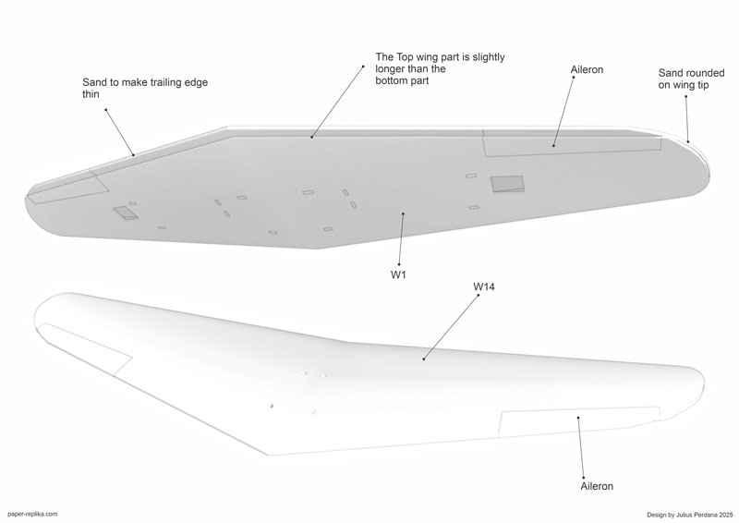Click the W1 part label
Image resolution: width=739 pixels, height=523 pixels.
(398, 275)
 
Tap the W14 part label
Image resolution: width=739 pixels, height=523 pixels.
(484, 286)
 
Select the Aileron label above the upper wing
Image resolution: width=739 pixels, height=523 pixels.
(587, 70)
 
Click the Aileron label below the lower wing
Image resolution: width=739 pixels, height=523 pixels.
(597, 486)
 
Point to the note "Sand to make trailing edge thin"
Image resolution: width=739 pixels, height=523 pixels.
(145, 88)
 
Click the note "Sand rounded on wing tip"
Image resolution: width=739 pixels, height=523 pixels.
(691, 79)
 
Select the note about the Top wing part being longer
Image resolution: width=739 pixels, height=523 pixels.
(440, 69)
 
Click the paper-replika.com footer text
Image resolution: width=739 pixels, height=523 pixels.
(33, 514)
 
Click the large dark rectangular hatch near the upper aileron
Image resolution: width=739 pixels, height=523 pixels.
(507, 184)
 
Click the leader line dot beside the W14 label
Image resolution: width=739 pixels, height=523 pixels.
(479, 295)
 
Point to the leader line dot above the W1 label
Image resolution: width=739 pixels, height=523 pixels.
(399, 264)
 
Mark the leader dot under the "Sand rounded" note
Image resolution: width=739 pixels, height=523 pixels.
(685, 97)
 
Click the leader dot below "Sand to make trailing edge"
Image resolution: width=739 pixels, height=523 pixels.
(105, 109)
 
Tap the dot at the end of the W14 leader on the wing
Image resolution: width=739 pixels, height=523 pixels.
(423, 359)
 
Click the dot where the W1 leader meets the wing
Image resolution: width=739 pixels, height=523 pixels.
(403, 213)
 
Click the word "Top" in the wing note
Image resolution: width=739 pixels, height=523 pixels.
(403, 57)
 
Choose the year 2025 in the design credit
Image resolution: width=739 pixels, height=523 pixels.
(726, 515)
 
